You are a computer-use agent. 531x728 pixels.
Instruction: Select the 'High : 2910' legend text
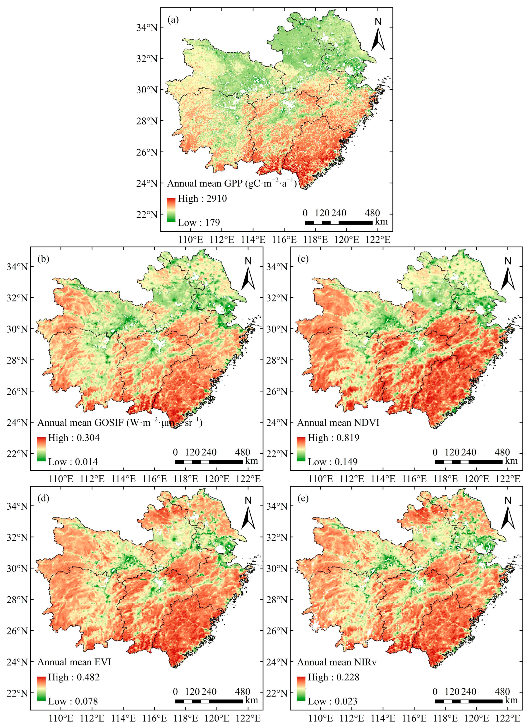pyautogui.click(x=202, y=199)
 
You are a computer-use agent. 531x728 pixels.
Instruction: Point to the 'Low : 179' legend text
pyautogui.click(x=199, y=222)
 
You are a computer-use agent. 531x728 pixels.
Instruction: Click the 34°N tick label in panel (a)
pyautogui.click(x=147, y=28)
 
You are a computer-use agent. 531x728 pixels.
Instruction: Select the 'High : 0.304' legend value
pyautogui.click(x=74, y=438)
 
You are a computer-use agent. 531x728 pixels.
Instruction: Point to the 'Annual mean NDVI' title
pyautogui.click(x=338, y=423)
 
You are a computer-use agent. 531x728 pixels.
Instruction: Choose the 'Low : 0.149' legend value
pyautogui.click(x=333, y=462)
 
